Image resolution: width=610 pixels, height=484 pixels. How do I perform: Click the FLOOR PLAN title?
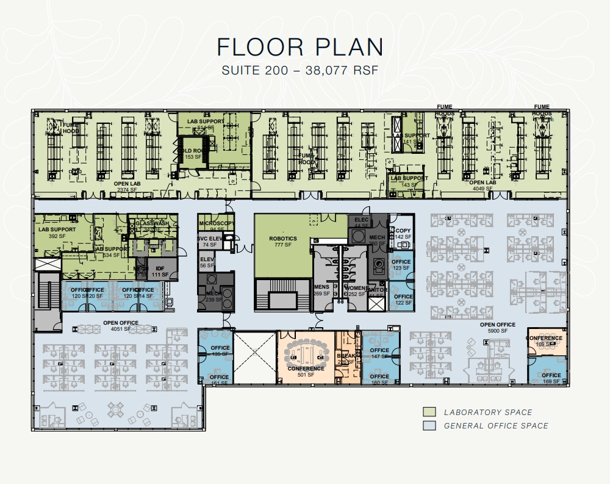(300, 47)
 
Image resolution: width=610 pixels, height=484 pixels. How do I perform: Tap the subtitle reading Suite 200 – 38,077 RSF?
(300, 70)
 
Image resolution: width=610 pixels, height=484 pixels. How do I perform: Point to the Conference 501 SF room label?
(306, 372)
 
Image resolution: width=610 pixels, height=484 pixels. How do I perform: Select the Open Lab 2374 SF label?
(128, 186)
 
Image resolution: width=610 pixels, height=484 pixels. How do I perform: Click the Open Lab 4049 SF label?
(482, 186)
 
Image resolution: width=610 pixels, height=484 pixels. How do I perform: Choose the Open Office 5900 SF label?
(497, 328)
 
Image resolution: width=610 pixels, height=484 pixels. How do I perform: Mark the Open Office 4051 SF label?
(121, 326)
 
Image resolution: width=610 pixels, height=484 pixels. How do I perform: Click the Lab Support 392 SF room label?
(57, 233)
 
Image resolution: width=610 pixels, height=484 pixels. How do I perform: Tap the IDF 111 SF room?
(160, 272)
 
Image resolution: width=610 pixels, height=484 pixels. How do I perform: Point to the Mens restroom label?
(321, 290)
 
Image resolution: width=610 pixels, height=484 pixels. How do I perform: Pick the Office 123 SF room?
(401, 264)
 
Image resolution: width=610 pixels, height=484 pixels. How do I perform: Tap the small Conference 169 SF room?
(544, 341)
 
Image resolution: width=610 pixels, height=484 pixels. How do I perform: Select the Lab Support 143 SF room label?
(409, 181)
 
